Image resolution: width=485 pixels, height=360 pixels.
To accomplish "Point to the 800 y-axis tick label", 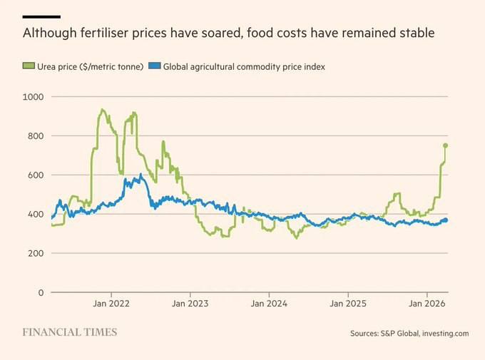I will pos(36,135).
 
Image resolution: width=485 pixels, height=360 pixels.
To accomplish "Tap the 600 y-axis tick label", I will pos(36,175).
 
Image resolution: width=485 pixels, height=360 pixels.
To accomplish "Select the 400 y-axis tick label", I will pos(36,214).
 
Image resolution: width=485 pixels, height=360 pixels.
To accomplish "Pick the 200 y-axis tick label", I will pos(36,253).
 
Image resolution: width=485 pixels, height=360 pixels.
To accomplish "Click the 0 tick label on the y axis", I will pos(41,292).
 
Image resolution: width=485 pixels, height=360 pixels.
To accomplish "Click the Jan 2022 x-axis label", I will pos(111,304).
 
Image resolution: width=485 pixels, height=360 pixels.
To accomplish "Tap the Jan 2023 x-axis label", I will pos(190,304).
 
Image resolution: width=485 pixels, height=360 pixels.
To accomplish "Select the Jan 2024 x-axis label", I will pos(269,304).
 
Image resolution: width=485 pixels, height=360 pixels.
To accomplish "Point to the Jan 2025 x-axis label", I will pos(348,304).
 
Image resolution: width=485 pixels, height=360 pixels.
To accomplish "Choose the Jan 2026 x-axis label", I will pos(427,304).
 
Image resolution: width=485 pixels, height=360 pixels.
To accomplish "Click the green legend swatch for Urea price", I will pos(28,66).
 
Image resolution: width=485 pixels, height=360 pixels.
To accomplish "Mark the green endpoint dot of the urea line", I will pos(446,145).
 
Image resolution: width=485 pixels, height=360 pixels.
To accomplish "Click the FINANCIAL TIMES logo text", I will pos(69,332).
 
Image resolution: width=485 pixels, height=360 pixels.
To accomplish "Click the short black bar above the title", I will pos(41,16).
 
